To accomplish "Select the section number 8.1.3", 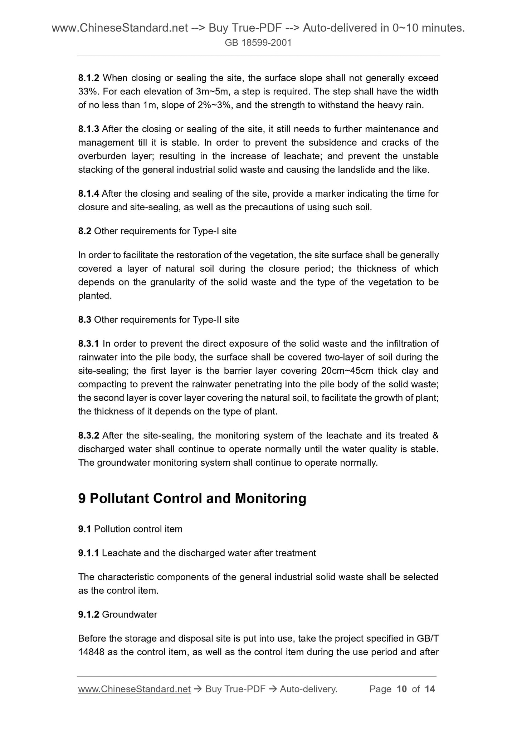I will click(89, 129).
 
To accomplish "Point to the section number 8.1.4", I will click(89, 194).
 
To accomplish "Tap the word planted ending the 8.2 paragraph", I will click(94, 296).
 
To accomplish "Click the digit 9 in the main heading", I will click(82, 499).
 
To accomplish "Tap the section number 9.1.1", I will click(89, 553).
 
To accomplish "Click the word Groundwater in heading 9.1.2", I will click(130, 615).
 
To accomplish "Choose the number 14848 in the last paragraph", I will click(91, 652).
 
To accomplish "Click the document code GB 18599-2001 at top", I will click(258, 43).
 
